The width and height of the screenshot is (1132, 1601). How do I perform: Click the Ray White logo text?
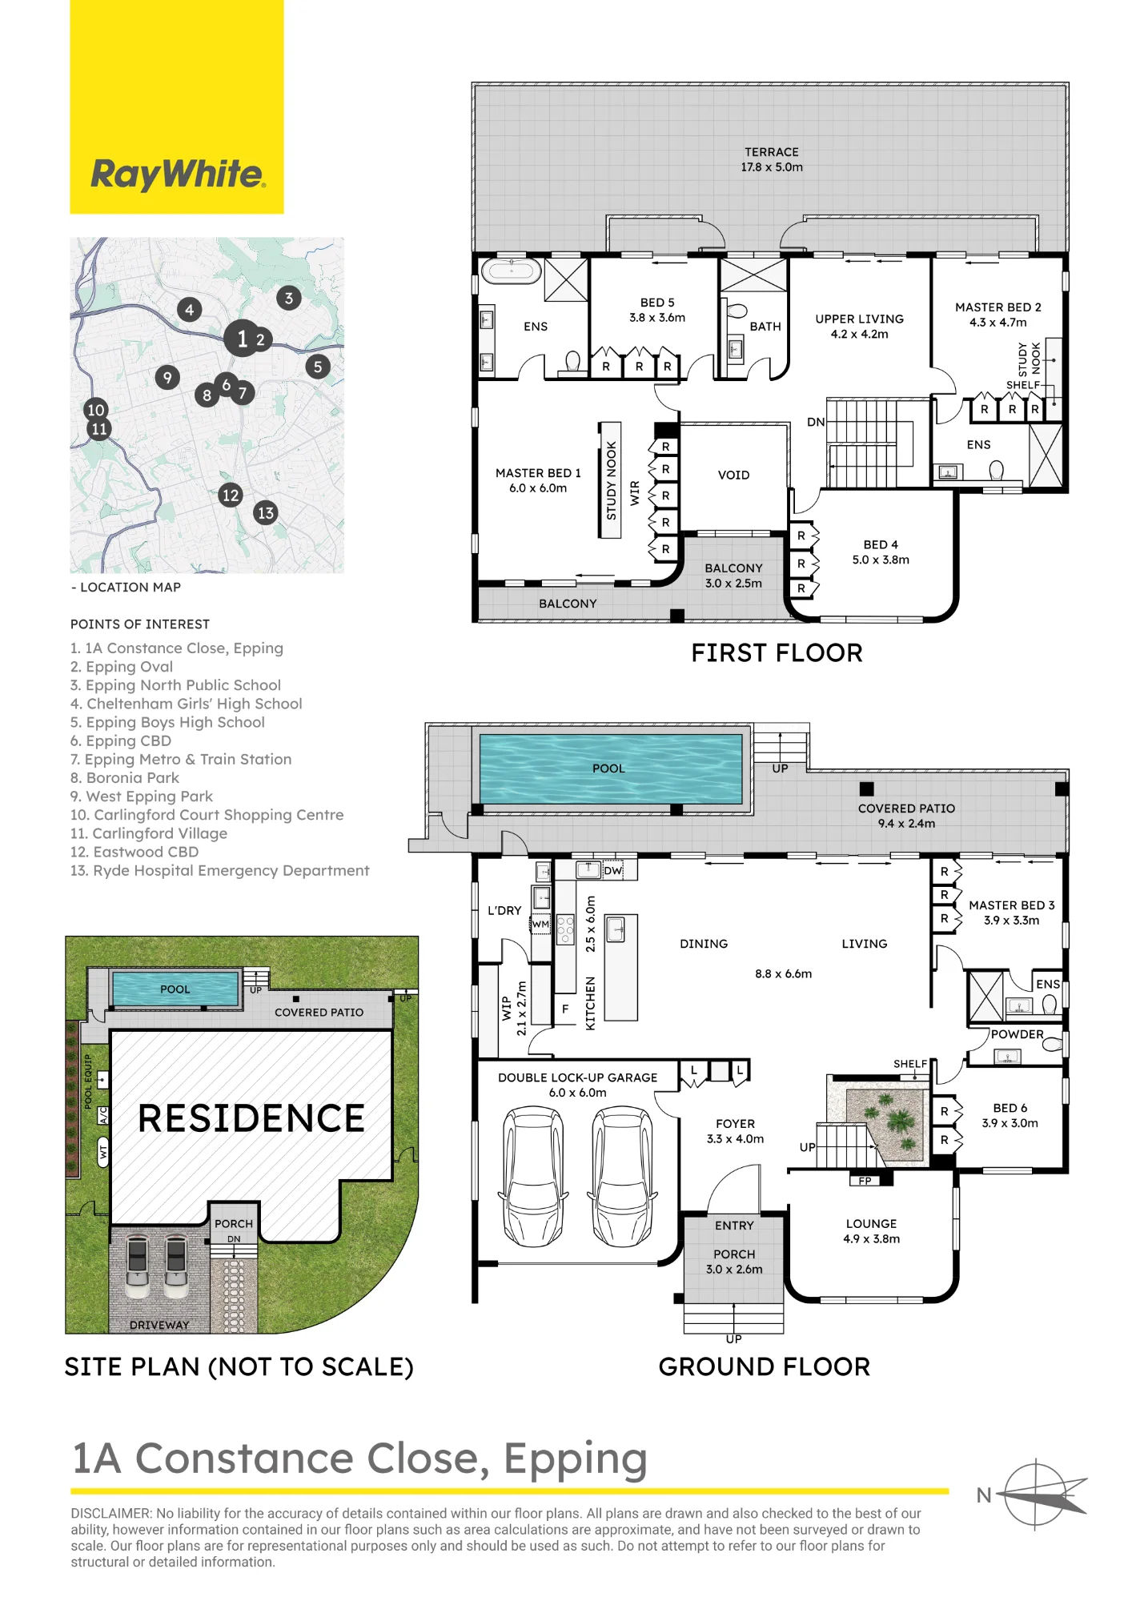pos(178,174)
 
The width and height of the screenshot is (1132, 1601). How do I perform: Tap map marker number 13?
pos(266,512)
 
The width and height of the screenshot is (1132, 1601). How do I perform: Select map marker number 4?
pos(189,310)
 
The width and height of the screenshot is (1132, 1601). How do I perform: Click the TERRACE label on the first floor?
pos(772,152)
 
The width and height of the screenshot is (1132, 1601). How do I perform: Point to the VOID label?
pos(734,475)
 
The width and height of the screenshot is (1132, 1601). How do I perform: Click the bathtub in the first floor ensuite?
pos(512,271)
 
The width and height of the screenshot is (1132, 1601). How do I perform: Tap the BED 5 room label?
pos(657,303)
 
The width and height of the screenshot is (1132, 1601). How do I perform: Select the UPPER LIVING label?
pos(859,319)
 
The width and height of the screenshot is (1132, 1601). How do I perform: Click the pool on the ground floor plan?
pos(611,768)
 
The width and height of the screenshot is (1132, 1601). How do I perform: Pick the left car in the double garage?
pos(532,1176)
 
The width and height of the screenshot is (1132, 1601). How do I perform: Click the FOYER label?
pos(735,1124)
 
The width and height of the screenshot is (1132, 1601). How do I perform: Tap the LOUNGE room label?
pos(871,1224)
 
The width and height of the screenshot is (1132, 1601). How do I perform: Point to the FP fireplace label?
pos(865,1181)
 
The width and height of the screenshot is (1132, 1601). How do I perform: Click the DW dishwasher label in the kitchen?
pos(612,870)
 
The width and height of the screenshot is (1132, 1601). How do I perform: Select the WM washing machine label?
pos(541,924)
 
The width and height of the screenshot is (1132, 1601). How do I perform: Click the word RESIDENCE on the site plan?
pos(251,1118)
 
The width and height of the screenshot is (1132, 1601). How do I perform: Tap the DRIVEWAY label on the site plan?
pos(159,1325)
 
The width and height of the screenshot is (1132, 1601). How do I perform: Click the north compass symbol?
pos(1038,1494)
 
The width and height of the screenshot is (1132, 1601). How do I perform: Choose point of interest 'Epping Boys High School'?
pos(175,722)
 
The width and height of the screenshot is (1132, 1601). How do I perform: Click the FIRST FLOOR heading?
pos(777,653)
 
